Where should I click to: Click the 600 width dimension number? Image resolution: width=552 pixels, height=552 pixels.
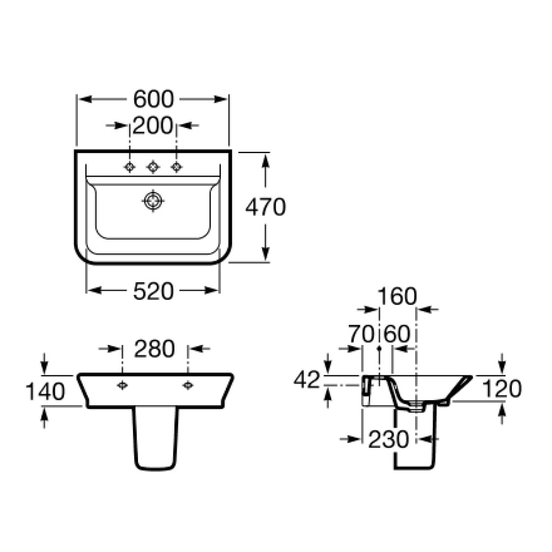pyautogui.click(x=153, y=99)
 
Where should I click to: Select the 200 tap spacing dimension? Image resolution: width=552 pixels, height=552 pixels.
pyautogui.click(x=153, y=125)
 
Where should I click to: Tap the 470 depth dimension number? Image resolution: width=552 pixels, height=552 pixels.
pyautogui.click(x=266, y=207)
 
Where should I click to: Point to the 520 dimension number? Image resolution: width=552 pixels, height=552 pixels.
pyautogui.click(x=153, y=291)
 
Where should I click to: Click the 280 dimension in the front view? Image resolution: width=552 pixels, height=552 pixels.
pyautogui.click(x=155, y=348)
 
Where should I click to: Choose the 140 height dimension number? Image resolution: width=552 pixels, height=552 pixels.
pyautogui.click(x=46, y=391)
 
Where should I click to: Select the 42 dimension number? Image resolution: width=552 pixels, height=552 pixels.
pyautogui.click(x=307, y=380)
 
